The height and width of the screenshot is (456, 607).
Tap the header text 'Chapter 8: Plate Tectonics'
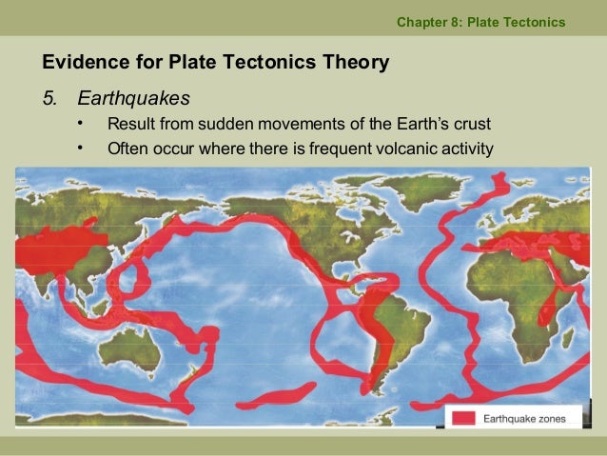[480, 21]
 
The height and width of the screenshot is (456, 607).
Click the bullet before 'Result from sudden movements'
[82, 124]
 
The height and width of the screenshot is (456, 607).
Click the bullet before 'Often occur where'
[82, 148]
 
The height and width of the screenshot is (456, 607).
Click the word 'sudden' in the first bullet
[244, 125]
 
